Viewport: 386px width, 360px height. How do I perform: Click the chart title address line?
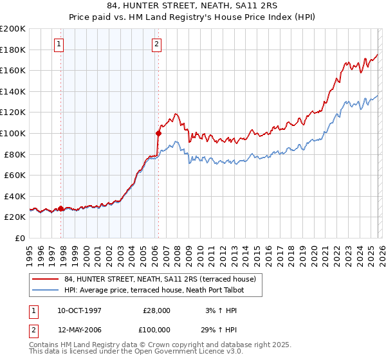(193, 6)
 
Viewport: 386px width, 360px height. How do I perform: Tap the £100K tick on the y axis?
(13, 133)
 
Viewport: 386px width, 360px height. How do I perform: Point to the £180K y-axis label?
(13, 50)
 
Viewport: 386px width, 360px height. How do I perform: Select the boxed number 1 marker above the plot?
(59, 44)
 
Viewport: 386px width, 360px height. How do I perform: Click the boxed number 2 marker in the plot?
(156, 44)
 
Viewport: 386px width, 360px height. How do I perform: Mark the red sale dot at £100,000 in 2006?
(158, 133)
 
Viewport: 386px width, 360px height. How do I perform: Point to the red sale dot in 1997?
(61, 208)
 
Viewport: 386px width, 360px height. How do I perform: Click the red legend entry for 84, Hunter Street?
(161, 279)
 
